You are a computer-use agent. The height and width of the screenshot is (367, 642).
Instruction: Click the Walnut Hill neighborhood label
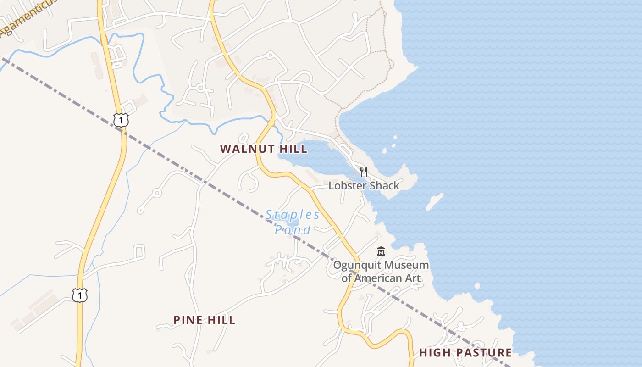[x=264, y=149]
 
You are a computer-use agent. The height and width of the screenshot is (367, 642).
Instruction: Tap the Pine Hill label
[x=205, y=320]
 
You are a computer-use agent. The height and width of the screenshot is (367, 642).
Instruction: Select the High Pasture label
[x=465, y=353]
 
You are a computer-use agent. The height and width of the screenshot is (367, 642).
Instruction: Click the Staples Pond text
[x=293, y=222]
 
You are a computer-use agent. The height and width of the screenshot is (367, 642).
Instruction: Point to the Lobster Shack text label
[x=364, y=186]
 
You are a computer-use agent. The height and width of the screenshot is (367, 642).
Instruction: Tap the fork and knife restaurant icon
[x=364, y=172]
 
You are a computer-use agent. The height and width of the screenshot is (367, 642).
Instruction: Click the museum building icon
[x=381, y=251]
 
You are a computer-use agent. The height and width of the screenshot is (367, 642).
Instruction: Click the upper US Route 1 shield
[x=121, y=120]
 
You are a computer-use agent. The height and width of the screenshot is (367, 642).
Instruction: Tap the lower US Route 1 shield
[x=80, y=295]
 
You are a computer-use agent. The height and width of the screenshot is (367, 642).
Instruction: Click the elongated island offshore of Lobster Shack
[x=434, y=202]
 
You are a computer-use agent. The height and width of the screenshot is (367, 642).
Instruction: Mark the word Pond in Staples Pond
[x=293, y=230]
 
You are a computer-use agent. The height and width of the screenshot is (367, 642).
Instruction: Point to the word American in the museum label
[x=388, y=278]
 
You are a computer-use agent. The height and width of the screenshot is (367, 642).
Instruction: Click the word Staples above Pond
[x=293, y=215]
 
